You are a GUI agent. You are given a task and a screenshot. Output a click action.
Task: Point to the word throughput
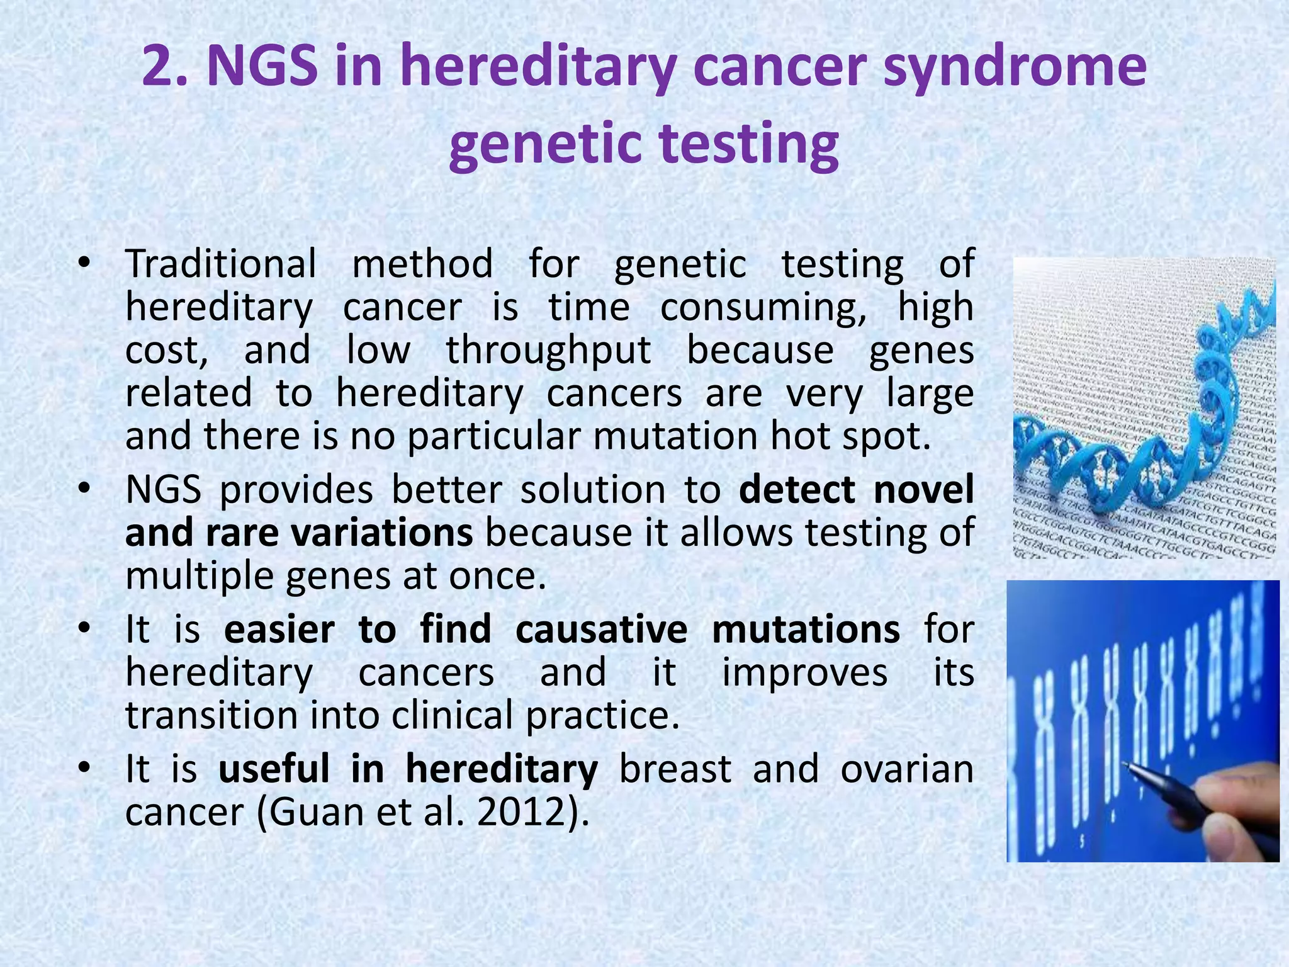tap(548, 350)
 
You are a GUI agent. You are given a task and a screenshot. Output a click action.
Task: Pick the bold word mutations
tap(806, 630)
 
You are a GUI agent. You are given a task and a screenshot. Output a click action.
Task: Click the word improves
tap(804, 672)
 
